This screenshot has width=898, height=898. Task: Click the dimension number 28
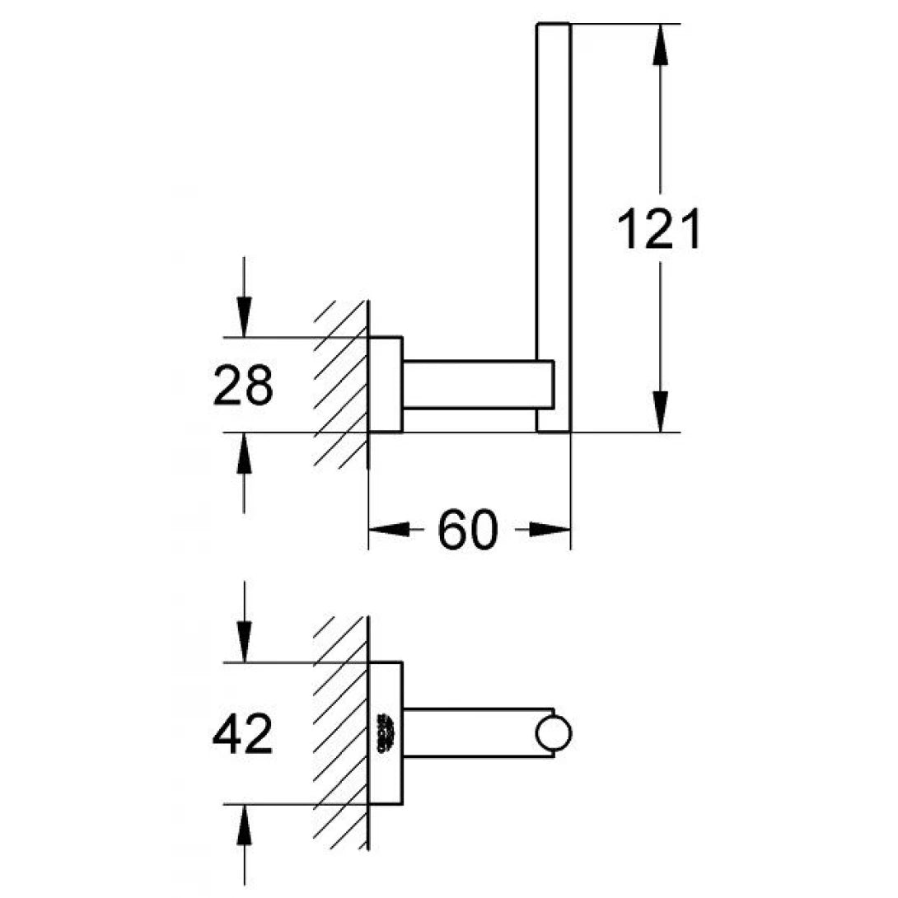[242, 386]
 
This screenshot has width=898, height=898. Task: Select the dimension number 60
[469, 530]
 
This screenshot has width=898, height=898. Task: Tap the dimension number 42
[242, 735]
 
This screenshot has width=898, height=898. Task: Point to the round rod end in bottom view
[553, 733]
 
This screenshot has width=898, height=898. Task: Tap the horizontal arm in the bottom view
[470, 731]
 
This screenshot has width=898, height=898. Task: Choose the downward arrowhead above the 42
[244, 638]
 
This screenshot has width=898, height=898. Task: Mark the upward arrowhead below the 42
[244, 827]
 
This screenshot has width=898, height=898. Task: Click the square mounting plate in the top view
[385, 384]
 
